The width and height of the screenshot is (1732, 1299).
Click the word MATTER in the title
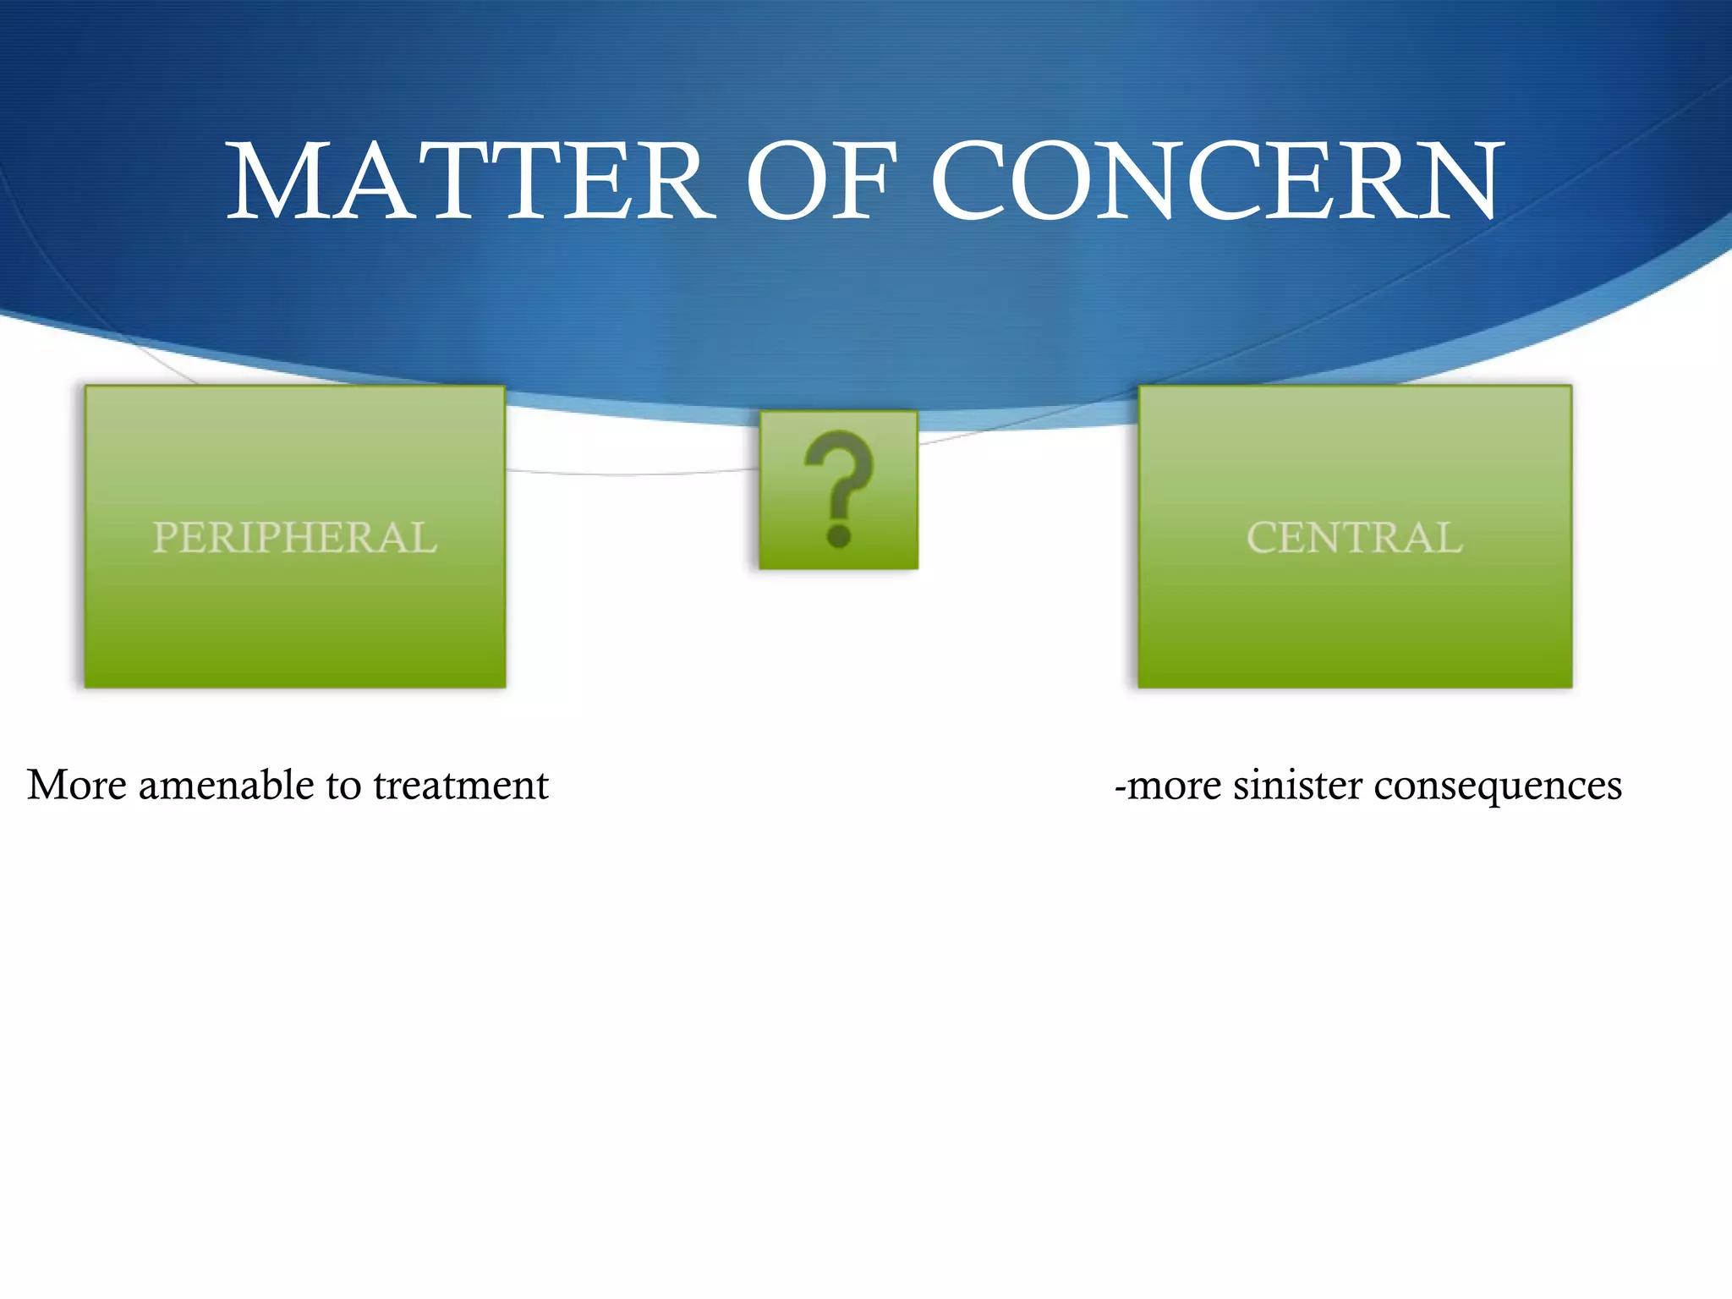469,182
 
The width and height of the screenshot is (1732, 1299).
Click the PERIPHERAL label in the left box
295,538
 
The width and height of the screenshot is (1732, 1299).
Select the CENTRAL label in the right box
1355,538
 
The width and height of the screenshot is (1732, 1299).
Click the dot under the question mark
839,535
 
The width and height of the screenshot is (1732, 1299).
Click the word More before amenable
77,785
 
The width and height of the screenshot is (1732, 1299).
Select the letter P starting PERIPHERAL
165,538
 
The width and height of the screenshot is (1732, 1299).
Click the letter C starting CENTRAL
1262,538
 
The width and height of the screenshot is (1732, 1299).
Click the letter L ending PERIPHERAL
425,538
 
